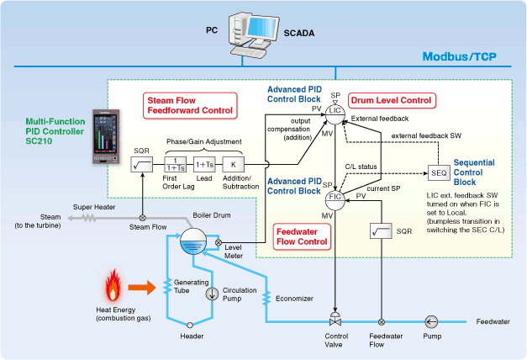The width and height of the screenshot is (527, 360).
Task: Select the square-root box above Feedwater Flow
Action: pos(382,229)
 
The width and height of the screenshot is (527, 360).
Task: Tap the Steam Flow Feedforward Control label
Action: pos(190,104)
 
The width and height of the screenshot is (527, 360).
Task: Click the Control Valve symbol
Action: pos(335,321)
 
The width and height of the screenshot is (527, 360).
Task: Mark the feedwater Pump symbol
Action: pos(431,320)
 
